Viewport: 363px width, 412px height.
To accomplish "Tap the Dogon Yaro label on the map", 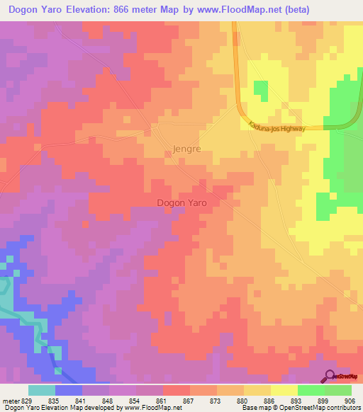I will pos(181,202).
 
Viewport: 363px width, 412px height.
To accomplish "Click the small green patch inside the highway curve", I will pos(261,91).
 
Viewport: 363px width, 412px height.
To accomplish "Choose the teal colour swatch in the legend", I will pos(42,390).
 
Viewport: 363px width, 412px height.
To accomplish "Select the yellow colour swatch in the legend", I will pos(284,390).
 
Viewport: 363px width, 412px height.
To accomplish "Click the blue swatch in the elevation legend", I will pos(69,390).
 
